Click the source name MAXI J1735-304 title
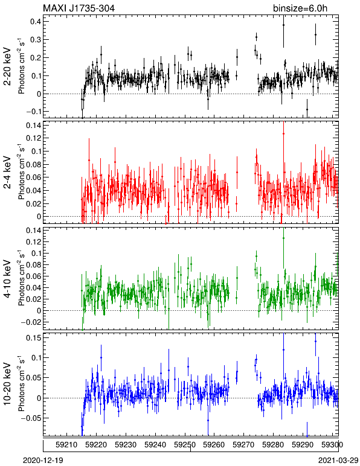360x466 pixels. tap(79, 8)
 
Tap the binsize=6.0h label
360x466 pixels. tap(300, 8)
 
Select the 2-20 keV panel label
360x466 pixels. tap(7, 66)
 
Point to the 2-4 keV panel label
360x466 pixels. tap(7, 173)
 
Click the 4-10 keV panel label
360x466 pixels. tap(7, 279)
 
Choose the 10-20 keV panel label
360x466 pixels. tap(7, 384)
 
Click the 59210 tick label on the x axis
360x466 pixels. tap(66, 445)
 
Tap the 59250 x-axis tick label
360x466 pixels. tap(185, 445)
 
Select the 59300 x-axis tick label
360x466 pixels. tap(332, 445)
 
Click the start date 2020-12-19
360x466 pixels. tap(43, 461)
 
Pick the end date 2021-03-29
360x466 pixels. tap(339, 461)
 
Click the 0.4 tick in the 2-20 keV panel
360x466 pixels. tap(36, 21)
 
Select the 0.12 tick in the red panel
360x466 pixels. tap(33, 138)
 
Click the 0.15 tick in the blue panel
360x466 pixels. tap(33, 337)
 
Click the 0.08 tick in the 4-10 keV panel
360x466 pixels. tap(33, 264)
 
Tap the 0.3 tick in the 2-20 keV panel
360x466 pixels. tap(36, 39)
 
